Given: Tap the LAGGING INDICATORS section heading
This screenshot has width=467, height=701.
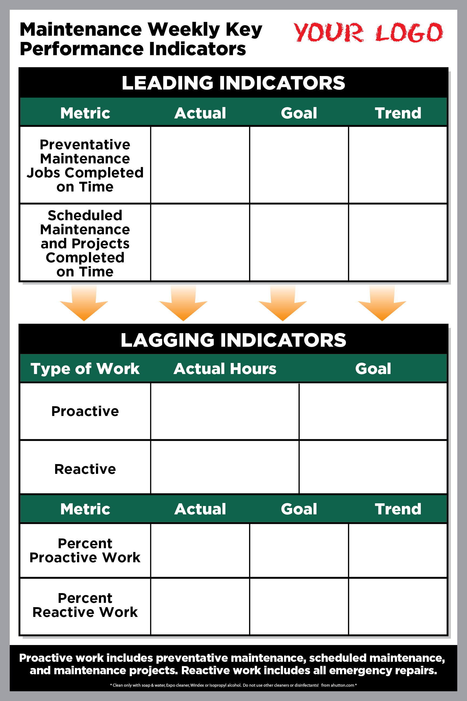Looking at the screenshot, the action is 234,340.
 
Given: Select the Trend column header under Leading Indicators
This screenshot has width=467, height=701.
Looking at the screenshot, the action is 398,113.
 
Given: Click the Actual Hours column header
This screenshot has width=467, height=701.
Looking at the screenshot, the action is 225,369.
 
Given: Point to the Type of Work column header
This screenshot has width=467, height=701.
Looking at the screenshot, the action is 85,369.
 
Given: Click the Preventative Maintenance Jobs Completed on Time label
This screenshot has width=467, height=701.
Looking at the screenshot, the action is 85,166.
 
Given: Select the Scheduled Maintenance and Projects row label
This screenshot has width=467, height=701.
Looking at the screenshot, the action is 85,243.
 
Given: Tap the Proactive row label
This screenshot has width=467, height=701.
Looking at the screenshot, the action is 85,411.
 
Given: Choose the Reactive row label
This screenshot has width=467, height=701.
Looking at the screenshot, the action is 85,469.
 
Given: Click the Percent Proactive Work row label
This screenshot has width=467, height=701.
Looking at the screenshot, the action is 85,550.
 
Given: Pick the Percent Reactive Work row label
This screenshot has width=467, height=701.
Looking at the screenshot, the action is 85,605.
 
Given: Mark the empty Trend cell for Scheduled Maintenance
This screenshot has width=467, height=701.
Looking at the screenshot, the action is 398,242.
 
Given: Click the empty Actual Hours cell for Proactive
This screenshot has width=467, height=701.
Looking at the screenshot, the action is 225,411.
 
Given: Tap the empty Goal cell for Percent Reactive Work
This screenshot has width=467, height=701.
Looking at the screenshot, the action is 299,607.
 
